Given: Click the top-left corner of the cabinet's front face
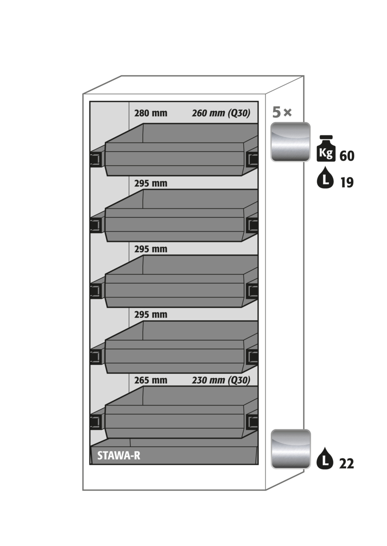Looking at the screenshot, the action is pyautogui.click(x=83, y=94).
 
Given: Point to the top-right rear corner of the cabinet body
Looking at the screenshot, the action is pyautogui.click(x=304, y=76).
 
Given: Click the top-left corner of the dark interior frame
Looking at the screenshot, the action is pyautogui.click(x=90, y=102).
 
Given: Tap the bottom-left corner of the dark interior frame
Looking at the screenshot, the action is pyautogui.click(x=90, y=464).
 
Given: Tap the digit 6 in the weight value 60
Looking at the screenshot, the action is pyautogui.click(x=343, y=156).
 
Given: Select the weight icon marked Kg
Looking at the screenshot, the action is pyautogui.click(x=326, y=148).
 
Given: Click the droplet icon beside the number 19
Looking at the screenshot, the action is pyautogui.click(x=325, y=177).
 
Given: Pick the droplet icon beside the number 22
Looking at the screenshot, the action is pyautogui.click(x=325, y=458).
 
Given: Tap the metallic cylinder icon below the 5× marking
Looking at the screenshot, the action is pyautogui.click(x=290, y=142).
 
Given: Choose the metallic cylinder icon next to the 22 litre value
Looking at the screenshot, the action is pyautogui.click(x=291, y=449).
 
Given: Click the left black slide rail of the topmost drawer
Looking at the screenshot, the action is pyautogui.click(x=96, y=159).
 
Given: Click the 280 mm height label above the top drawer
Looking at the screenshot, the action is pyautogui.click(x=151, y=113).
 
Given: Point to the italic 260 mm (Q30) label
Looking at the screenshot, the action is pyautogui.click(x=221, y=114).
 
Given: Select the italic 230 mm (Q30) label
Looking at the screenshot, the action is pyautogui.click(x=221, y=380).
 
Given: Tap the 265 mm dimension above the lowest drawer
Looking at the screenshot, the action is pyautogui.click(x=151, y=380).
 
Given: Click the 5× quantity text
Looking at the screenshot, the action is pyautogui.click(x=282, y=113).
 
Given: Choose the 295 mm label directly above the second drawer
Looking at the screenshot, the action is pyautogui.click(x=151, y=183).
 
